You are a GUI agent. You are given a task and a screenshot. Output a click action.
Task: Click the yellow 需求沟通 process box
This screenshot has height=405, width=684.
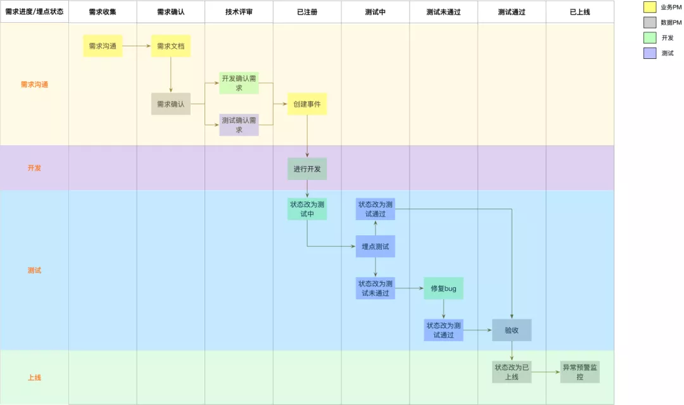(x=103, y=46)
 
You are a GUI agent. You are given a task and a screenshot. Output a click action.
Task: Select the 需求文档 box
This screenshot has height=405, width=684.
(x=171, y=46)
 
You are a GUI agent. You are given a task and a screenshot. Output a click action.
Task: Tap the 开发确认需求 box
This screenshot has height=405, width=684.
(x=239, y=83)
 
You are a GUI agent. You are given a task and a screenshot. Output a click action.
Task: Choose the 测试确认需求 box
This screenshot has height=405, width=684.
(x=239, y=125)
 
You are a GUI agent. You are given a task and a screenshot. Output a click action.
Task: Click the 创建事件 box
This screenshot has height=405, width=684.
(x=307, y=104)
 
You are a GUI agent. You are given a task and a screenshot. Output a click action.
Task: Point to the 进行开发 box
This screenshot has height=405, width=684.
(x=307, y=169)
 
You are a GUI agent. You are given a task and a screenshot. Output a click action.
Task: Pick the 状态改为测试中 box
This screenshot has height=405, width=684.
(x=307, y=209)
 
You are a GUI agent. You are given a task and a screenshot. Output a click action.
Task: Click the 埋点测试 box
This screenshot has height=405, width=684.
(x=375, y=247)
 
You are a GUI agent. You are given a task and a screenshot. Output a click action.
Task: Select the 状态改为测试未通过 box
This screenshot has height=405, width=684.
(x=375, y=288)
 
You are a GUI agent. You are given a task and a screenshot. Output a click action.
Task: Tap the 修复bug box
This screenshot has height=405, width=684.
(x=443, y=288)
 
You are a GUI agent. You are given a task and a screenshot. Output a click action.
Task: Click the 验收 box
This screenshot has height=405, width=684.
(x=512, y=330)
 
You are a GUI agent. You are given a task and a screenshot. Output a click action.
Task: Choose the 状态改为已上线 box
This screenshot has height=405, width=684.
(x=512, y=372)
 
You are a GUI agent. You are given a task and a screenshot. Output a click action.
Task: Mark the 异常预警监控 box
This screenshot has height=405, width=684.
(x=579, y=372)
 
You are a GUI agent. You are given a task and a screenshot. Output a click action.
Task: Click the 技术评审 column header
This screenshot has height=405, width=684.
(x=239, y=12)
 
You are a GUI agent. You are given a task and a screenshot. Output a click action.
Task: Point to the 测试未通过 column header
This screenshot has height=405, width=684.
(x=443, y=12)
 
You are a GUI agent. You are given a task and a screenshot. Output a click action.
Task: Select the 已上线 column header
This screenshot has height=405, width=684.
(x=579, y=12)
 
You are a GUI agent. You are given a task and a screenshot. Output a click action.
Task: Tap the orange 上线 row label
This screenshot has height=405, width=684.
(x=34, y=378)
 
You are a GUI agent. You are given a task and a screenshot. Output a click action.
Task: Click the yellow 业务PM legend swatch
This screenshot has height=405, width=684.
(x=650, y=8)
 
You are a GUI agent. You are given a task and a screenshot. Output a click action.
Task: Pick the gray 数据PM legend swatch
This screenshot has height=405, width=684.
(x=650, y=23)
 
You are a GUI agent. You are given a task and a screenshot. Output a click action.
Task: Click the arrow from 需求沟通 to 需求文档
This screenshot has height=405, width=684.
(x=137, y=46)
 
